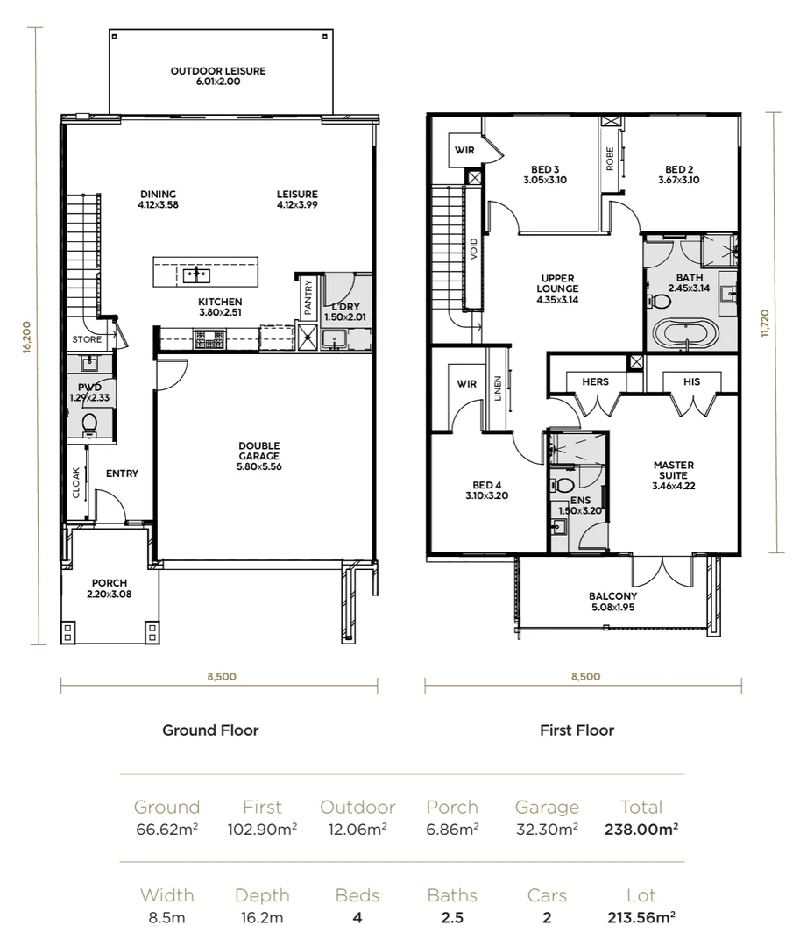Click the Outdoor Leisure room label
coord(218,76)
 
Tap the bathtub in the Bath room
coord(687,331)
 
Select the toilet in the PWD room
coord(89,424)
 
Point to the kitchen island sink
coord(196,275)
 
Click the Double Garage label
coord(259,456)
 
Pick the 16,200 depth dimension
coord(26,337)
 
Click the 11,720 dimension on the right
coord(765,323)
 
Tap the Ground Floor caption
coord(210,730)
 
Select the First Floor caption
coord(577,730)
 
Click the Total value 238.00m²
coord(641,830)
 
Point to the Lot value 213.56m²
coord(641,917)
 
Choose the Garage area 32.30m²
coord(547,830)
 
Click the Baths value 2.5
coord(452,917)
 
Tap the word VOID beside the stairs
coord(473,249)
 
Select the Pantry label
coord(308,296)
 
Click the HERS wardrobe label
coord(595,381)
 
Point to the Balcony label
coord(612,601)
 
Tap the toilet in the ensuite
coord(563,484)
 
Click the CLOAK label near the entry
coord(76,482)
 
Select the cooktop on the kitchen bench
coord(209,339)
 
